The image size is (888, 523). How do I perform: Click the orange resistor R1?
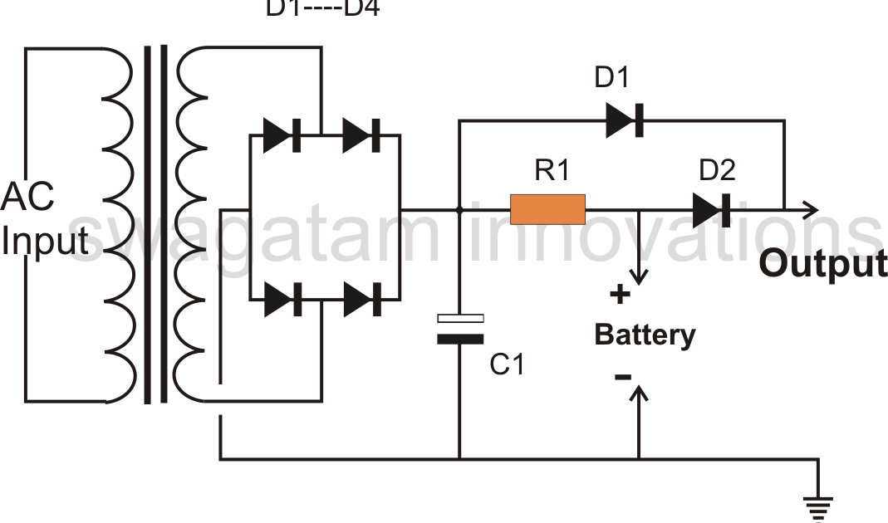click(547, 209)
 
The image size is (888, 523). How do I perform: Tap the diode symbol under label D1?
click(625, 120)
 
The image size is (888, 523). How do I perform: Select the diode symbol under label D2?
click(712, 209)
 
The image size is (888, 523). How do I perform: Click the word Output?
click(822, 264)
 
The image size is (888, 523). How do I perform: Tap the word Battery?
click(645, 335)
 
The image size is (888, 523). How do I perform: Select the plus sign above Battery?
click(620, 294)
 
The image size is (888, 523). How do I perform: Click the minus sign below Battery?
click(622, 376)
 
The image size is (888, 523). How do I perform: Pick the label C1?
click(507, 364)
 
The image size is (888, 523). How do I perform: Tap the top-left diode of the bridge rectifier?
click(281, 135)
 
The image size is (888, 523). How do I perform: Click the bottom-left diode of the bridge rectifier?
click(281, 299)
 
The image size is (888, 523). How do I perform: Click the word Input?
click(44, 242)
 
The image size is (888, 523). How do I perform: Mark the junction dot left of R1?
click(459, 209)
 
